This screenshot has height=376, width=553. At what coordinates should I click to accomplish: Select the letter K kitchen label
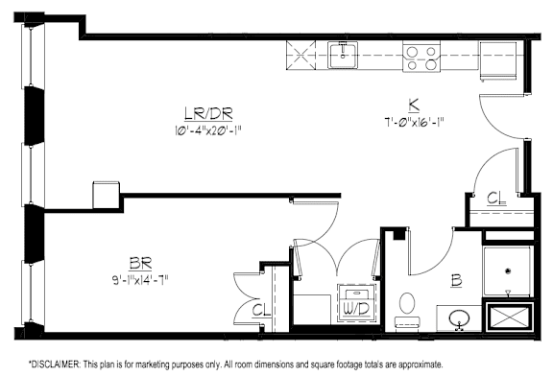coord(411,106)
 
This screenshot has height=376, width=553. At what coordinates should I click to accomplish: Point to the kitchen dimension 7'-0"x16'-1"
coord(411,122)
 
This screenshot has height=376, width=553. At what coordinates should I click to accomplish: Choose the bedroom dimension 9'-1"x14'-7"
coord(144,277)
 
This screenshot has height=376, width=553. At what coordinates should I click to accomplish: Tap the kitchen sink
coord(343,55)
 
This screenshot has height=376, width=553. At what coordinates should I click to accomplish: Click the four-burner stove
coord(420,57)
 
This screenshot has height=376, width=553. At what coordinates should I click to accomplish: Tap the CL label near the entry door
coord(495,200)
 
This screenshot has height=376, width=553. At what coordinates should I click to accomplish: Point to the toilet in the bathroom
coord(405,305)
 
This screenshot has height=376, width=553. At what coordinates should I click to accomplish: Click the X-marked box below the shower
coord(508,317)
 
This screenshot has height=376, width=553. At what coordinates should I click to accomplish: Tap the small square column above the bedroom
coord(104,192)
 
